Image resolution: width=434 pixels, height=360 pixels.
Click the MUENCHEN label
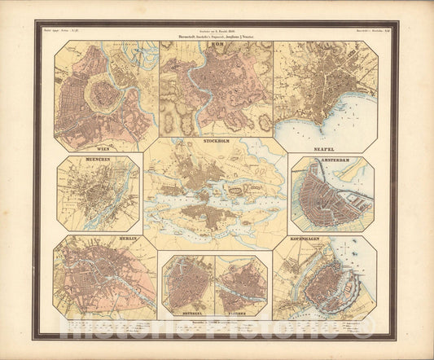[82, 161]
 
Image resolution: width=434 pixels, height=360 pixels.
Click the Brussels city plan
[186, 285]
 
